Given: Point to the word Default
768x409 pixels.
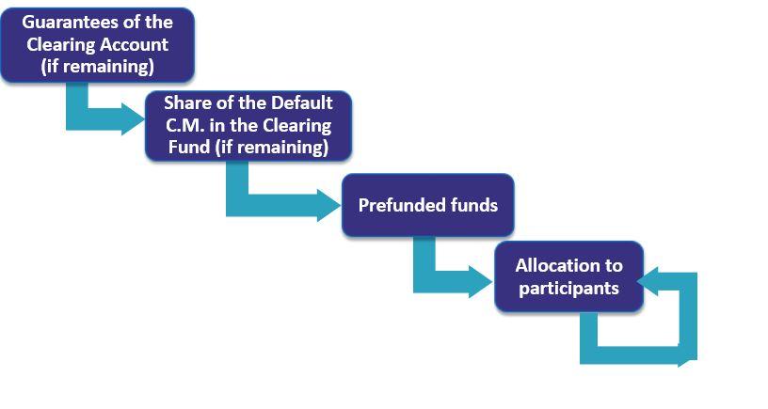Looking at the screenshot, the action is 302,102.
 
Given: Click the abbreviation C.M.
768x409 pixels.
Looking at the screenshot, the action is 184,125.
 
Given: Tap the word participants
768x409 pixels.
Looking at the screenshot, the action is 568,288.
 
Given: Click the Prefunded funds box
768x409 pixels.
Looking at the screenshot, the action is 427,205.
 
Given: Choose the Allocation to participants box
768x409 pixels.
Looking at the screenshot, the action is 568,276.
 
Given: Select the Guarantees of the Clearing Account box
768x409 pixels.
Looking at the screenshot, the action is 98,44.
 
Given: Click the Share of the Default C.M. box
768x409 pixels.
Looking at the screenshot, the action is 248,125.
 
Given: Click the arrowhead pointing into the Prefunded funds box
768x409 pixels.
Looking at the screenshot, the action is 328,205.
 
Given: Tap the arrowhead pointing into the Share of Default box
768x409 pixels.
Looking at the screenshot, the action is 133,118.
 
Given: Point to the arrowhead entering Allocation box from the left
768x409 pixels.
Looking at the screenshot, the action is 481,282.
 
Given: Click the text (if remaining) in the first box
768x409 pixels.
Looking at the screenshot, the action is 98,67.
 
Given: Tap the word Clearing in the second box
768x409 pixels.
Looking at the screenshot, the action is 296,125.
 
